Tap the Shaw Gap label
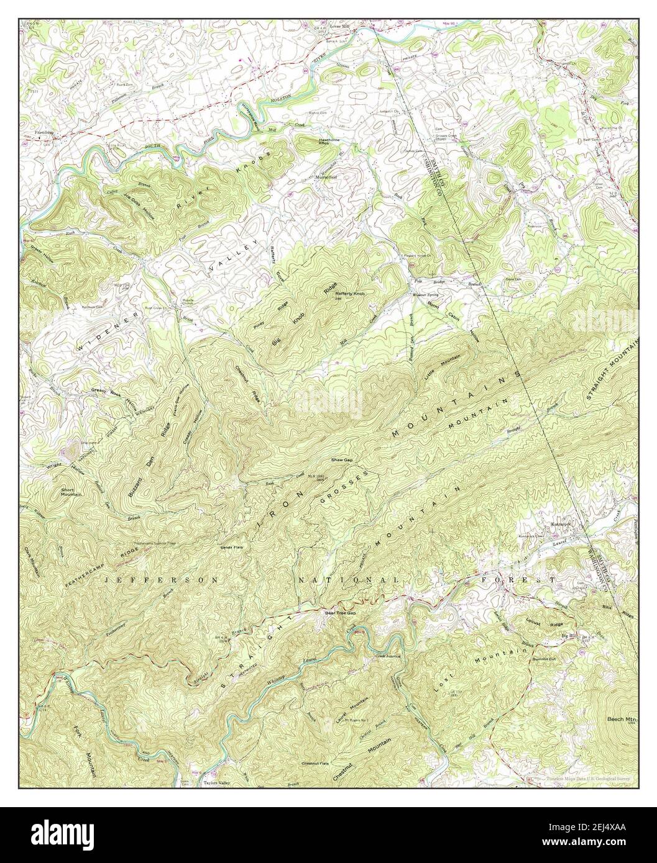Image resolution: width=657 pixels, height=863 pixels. (342, 460)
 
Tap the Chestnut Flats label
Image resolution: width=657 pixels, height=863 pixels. (315, 763)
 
